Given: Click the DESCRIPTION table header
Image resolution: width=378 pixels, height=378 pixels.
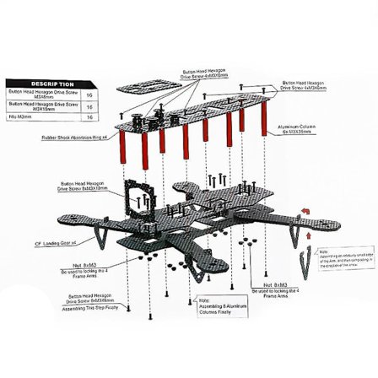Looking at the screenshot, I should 52,84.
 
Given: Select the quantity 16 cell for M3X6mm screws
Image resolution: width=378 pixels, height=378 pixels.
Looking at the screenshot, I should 89,95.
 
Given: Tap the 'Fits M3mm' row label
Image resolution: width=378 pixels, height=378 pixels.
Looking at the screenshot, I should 20,117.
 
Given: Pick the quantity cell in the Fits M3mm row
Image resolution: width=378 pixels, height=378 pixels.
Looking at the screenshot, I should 89,117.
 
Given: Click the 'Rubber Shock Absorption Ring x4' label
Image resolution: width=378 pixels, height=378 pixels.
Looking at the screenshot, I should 80,135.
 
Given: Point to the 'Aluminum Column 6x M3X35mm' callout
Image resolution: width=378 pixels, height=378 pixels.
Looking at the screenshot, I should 297,131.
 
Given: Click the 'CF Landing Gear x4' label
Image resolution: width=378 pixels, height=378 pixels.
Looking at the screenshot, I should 56,241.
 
